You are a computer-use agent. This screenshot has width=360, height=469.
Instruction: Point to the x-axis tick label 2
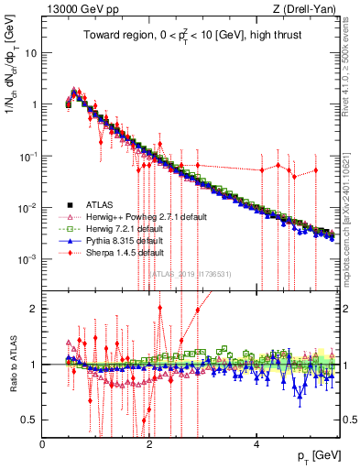point(150,444)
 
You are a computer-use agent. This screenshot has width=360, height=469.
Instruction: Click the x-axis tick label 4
point(257,444)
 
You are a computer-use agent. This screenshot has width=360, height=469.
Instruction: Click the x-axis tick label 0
point(43,444)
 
